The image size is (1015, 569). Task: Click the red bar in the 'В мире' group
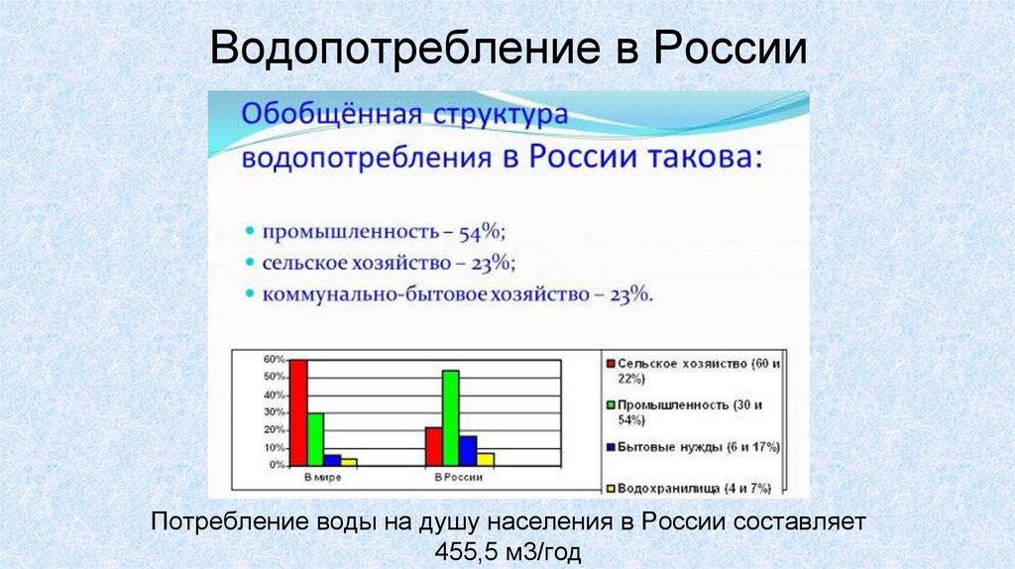tap(298, 412)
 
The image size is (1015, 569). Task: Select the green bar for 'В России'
tap(451, 417)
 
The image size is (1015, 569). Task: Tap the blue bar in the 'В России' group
tap(468, 450)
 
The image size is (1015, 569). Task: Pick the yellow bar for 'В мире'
tap(349, 462)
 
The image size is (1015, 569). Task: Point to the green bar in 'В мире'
tap(315, 439)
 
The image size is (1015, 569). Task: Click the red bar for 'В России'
tap(433, 446)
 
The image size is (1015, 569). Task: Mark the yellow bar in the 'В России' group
tap(485, 459)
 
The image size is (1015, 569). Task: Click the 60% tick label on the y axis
tap(275, 360)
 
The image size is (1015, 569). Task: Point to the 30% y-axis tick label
tap(275, 412)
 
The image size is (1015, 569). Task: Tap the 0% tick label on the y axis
tap(278, 464)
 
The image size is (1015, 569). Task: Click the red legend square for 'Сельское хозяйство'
tap(611, 364)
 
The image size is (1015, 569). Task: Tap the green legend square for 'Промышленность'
tap(611, 405)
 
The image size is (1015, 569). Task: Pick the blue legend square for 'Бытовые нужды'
tap(611, 447)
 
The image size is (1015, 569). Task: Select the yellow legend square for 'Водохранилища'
tap(611, 488)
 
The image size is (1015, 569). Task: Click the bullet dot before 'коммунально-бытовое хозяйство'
tap(249, 294)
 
